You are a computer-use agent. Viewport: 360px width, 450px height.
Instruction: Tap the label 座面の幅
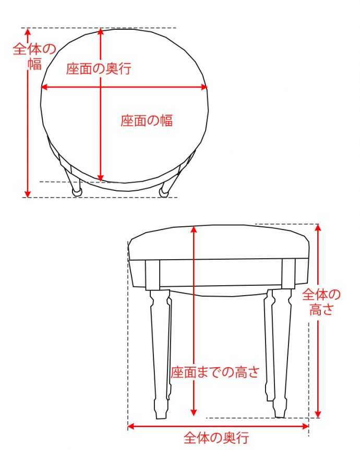click(147, 121)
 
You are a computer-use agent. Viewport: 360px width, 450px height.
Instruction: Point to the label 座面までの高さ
click(214, 372)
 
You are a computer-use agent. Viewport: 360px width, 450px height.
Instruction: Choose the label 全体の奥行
click(216, 437)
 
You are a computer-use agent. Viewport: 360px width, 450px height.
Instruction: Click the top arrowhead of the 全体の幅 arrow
click(28, 32)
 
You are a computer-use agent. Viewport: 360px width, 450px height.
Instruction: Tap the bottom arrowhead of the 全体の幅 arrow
click(28, 194)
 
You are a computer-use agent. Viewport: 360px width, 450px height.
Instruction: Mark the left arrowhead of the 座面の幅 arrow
click(44, 88)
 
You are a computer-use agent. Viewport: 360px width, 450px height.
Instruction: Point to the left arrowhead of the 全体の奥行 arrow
click(131, 427)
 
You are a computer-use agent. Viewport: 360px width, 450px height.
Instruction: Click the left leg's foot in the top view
click(77, 192)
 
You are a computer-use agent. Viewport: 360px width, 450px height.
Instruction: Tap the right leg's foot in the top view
click(164, 192)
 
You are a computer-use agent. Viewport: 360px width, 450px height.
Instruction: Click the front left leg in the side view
click(159, 355)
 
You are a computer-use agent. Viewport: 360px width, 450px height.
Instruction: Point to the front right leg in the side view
click(280, 355)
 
